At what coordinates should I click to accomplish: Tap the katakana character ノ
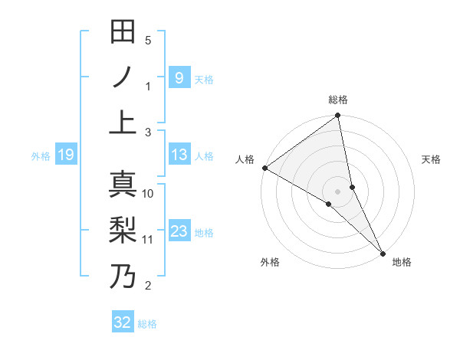[x=123, y=77]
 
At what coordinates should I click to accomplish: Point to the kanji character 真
[x=123, y=185]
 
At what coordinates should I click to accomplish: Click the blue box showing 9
[x=179, y=77]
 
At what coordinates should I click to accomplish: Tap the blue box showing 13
[x=179, y=155]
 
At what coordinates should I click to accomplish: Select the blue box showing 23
[x=179, y=231]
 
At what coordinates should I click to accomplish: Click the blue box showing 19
[x=65, y=155]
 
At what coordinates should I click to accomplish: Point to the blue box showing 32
[x=123, y=322]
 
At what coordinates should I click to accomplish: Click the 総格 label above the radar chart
[x=338, y=100]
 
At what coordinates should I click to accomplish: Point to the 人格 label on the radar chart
[x=245, y=159]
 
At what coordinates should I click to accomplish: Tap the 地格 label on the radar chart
[x=402, y=262]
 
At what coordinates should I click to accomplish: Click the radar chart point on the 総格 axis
[x=338, y=116]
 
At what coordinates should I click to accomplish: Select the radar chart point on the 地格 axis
[x=382, y=251]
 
